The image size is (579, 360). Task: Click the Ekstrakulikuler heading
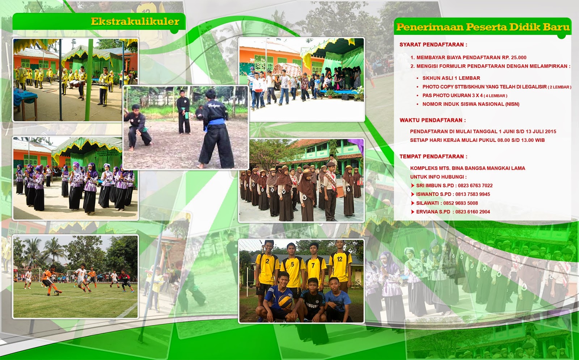click(x=135, y=22)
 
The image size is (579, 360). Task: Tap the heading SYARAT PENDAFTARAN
click(x=433, y=45)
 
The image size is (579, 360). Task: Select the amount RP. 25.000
click(x=514, y=58)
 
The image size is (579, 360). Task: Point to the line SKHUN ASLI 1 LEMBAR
click(x=451, y=78)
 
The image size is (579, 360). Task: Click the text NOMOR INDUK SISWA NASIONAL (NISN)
click(x=471, y=104)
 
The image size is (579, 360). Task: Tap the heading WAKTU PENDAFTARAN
click(x=432, y=120)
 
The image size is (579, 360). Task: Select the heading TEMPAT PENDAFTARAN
click(x=433, y=156)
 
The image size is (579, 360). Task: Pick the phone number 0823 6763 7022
click(x=475, y=186)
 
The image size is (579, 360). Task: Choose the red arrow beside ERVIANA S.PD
click(x=413, y=212)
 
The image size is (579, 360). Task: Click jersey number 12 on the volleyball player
click(x=339, y=259)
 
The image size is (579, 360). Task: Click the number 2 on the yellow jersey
click(x=267, y=261)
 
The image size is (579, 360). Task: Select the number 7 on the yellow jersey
click(x=313, y=265)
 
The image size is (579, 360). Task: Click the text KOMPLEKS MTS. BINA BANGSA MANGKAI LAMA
click(x=468, y=168)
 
